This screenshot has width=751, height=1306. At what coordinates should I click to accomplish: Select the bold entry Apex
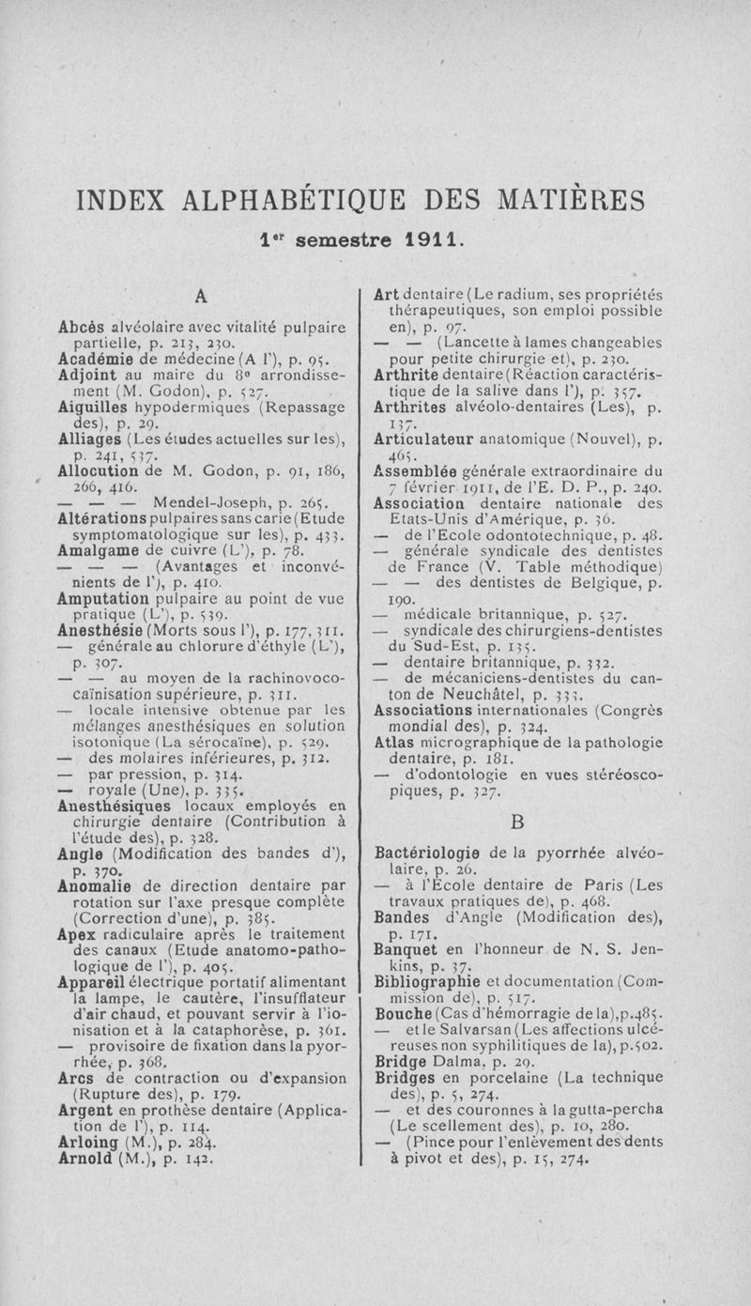(x=74, y=943)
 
